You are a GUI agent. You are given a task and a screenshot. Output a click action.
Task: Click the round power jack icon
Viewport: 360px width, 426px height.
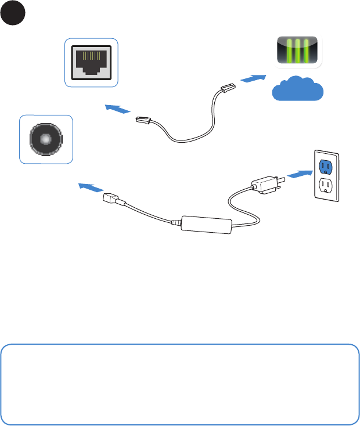46,139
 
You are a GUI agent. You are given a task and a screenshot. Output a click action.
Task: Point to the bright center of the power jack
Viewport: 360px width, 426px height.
46,139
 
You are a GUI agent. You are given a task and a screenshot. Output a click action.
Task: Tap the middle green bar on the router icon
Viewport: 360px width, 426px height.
297,51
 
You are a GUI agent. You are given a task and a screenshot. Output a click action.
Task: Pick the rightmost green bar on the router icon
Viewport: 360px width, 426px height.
307,51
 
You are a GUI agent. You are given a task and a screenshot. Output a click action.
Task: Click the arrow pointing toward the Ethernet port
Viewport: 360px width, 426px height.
117,109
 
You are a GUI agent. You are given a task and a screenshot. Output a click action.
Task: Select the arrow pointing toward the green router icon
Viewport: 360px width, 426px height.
253,78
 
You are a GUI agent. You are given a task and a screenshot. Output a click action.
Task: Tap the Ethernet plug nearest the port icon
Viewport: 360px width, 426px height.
143,121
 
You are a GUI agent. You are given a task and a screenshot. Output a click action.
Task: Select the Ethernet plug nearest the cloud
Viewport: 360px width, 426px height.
226,89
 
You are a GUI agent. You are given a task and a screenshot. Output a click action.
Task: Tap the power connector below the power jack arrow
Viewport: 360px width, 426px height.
112,198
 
